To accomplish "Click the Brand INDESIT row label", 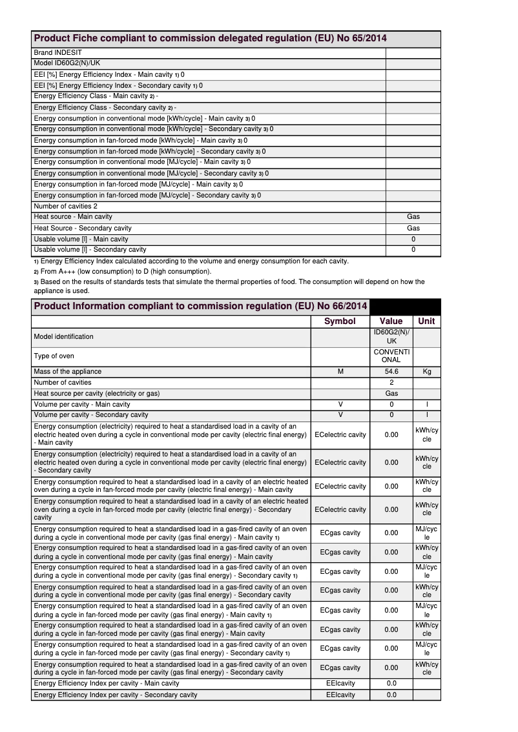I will click(58, 52).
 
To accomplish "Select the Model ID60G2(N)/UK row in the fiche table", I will click(67, 63).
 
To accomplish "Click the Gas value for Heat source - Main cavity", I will click(413, 217).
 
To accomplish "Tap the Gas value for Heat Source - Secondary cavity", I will click(413, 228).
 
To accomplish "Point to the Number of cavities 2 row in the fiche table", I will click(66, 206).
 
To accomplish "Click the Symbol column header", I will click(340, 321).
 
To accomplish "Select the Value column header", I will click(391, 321).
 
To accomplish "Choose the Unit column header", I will click(426, 321).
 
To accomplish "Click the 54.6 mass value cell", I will click(391, 371).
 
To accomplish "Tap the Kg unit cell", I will click(426, 371).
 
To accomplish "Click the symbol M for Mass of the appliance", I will click(340, 371).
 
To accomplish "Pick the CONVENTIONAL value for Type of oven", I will click(391, 356).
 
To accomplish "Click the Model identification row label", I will click(63, 336).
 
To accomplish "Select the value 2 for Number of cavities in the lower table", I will click(391, 382).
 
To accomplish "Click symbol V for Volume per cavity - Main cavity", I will click(340, 404).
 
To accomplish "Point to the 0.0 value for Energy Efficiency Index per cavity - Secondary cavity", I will click(391, 695).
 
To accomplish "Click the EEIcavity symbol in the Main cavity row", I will click(340, 683).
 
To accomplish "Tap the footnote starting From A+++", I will click(121, 272).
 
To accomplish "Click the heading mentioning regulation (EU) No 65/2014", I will click(210, 39).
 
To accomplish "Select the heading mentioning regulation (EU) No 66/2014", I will click(200, 306).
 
